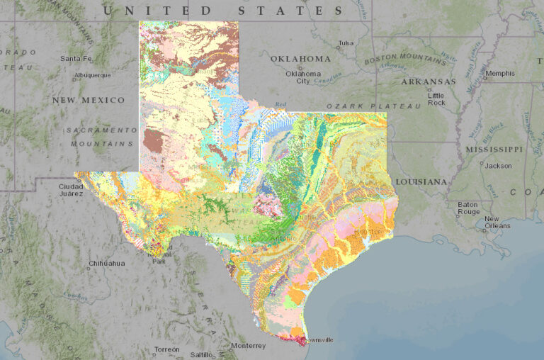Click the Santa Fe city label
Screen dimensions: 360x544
click(76, 58)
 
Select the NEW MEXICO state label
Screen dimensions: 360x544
click(88, 101)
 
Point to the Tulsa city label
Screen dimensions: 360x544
click(346, 43)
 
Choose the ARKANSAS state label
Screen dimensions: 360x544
click(428, 81)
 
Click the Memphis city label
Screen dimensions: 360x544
click(500, 73)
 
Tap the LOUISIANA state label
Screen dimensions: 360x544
click(421, 182)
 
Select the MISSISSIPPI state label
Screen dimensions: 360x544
click(494, 150)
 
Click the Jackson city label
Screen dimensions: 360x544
click(499, 165)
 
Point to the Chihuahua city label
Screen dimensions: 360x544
click(107, 263)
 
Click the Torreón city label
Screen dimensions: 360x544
click(167, 349)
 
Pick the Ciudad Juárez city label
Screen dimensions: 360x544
click(71, 191)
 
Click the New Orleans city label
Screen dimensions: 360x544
click(497, 223)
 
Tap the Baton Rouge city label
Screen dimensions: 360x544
click(468, 208)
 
